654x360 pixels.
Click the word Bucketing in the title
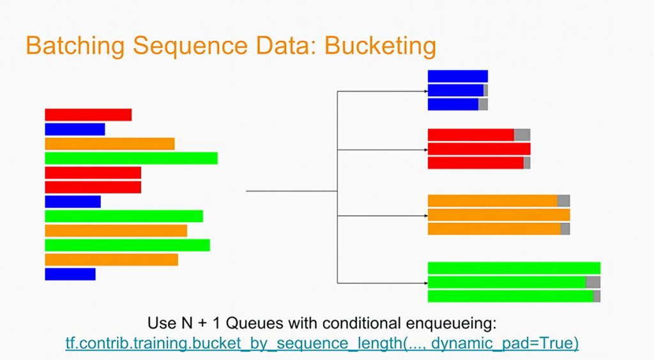(x=380, y=46)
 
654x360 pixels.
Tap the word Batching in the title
(x=75, y=46)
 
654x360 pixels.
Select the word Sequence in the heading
(x=190, y=46)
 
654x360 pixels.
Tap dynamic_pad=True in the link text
(x=505, y=343)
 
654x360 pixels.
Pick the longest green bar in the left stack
(x=132, y=158)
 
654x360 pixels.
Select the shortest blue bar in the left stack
(x=70, y=274)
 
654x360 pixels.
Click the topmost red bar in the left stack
(x=88, y=115)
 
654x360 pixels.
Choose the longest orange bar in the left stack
(x=116, y=231)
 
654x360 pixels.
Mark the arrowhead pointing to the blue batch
(x=426, y=91)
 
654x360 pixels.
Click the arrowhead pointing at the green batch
(x=426, y=283)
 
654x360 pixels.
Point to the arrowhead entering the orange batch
(x=426, y=216)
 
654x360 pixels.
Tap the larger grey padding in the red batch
(x=522, y=135)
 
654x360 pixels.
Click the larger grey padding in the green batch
(x=593, y=282)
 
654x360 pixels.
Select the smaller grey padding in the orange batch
(x=565, y=229)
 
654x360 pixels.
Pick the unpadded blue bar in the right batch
(x=458, y=76)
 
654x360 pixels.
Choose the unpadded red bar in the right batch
(x=479, y=149)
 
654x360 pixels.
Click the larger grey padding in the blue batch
(x=483, y=104)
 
